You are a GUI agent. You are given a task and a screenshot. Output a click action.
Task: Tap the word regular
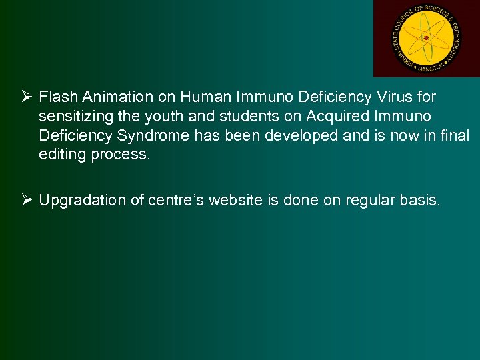coord(370,201)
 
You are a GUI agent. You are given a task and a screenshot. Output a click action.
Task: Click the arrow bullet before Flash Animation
coord(28,97)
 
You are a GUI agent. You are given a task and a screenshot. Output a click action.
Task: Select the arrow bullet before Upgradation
coord(28,201)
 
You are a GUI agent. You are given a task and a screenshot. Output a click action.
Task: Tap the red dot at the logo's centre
coord(426,38)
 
